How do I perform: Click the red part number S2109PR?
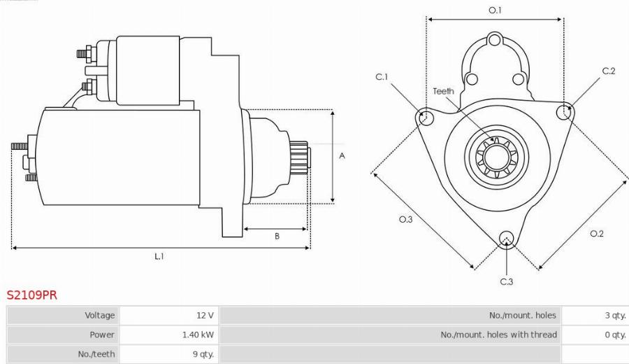32,295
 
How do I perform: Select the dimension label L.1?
159,256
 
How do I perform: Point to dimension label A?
342,156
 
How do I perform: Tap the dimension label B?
277,237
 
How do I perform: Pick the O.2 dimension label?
596,233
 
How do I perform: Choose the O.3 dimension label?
406,219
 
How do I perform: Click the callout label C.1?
382,77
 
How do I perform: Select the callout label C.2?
608,71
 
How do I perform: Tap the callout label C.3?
507,281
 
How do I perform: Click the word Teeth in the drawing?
443,91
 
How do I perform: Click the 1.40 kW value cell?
198,335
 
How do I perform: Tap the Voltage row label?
99,315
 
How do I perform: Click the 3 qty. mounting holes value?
615,315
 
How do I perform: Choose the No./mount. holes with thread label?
498,335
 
